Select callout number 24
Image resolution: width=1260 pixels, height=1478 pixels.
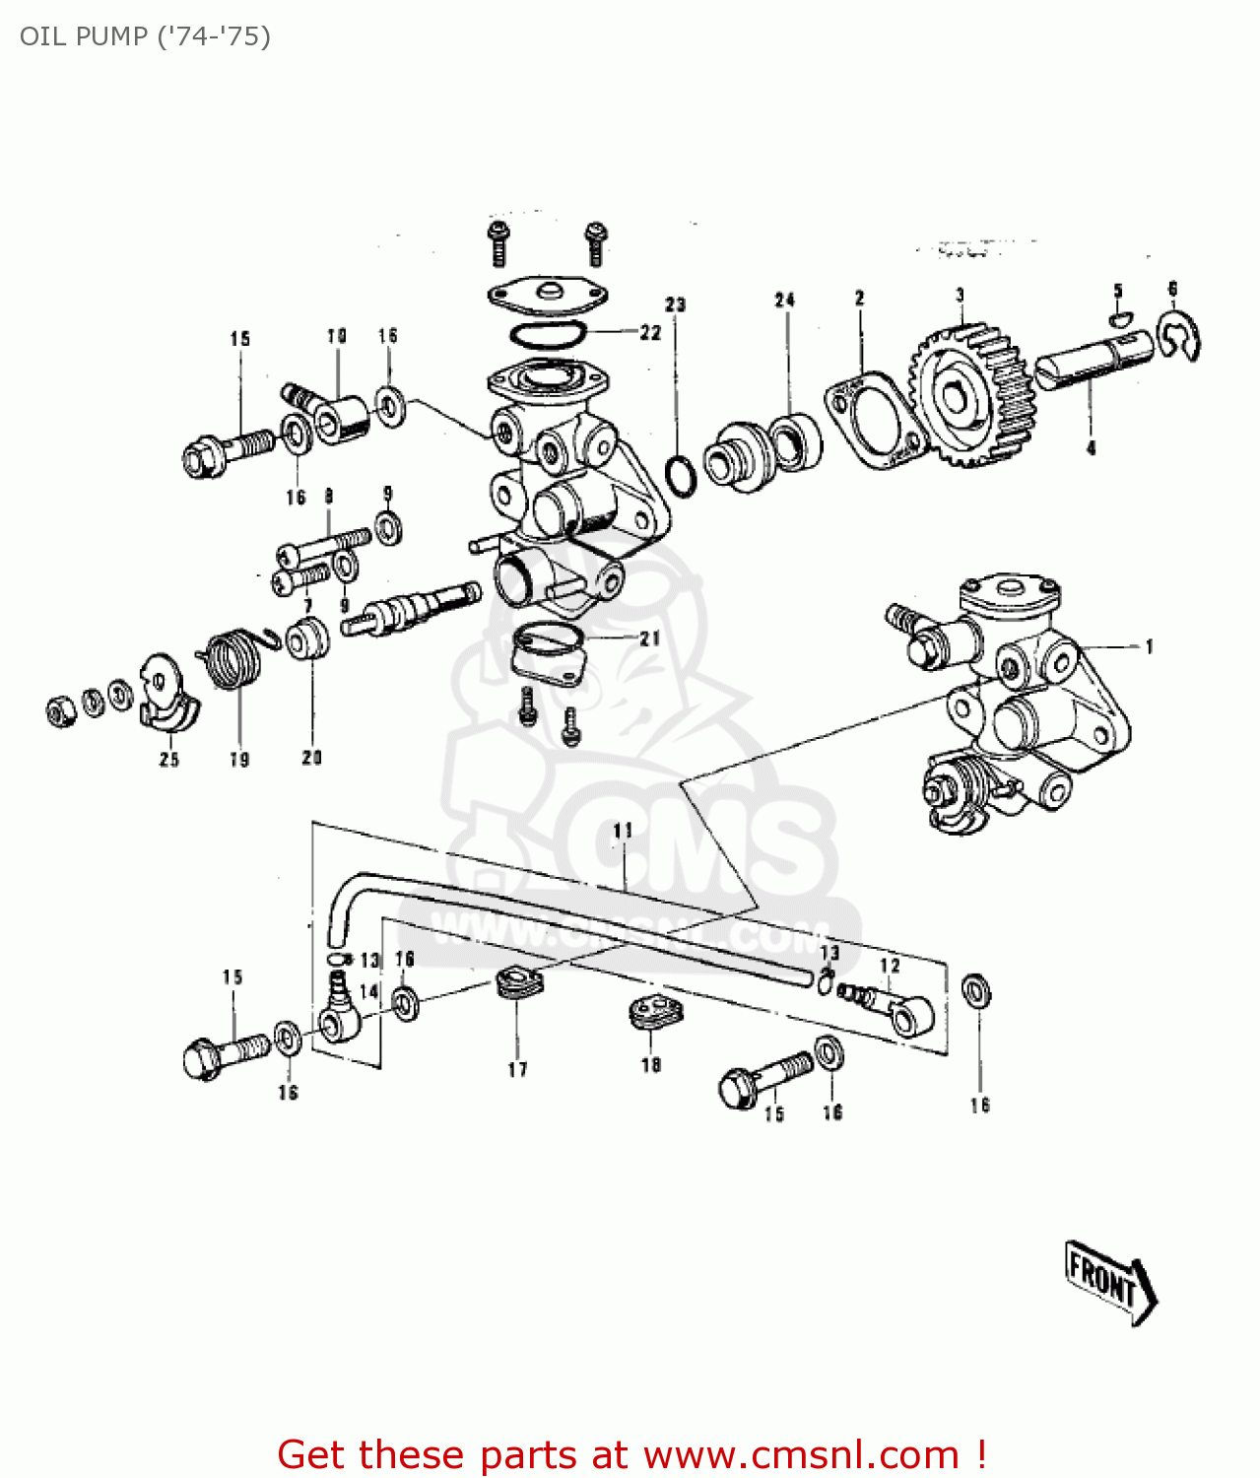pos(784,300)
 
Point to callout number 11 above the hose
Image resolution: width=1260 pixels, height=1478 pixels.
pos(623,831)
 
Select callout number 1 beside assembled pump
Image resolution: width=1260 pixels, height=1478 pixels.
pos(1149,647)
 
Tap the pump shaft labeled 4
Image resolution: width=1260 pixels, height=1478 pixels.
pos(1092,363)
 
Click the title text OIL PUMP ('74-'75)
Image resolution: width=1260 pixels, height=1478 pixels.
pos(145,36)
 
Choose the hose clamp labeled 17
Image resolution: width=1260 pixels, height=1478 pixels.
pos(518,983)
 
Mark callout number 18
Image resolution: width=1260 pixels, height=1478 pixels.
pos(651,1064)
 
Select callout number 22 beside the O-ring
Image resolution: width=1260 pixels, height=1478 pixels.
pos(650,333)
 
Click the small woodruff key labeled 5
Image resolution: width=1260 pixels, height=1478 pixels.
pos(1121,317)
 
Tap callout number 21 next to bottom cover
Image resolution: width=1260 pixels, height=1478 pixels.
pos(650,638)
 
